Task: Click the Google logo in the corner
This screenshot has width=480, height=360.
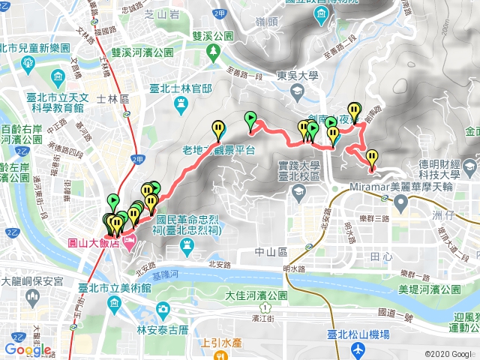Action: coord(28,349)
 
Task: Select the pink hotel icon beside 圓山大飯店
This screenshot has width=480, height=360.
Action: coord(127,243)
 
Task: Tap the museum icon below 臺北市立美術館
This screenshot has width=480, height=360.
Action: coord(113,303)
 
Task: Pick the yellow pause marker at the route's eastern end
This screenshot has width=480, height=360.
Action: coord(372,157)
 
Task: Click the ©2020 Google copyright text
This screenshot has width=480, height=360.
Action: coord(448,354)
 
